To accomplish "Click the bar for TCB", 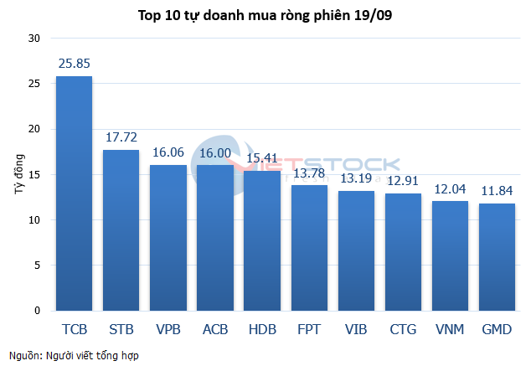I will [x=74, y=193].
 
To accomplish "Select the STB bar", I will [x=121, y=230].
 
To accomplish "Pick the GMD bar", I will [x=497, y=257].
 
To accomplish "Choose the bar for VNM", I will [x=450, y=256].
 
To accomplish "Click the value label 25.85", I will [x=74, y=63].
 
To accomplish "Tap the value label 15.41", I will [x=262, y=158].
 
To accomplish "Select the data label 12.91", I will [x=403, y=181].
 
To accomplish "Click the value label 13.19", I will [x=356, y=178].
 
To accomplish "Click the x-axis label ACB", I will [x=215, y=329].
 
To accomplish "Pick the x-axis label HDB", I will [x=262, y=329].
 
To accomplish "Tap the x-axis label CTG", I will [x=403, y=329].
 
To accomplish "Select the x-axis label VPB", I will [x=168, y=329].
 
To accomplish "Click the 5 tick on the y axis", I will [x=36, y=265].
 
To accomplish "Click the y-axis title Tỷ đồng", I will [x=18, y=175].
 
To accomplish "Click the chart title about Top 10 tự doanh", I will [x=265, y=14].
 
